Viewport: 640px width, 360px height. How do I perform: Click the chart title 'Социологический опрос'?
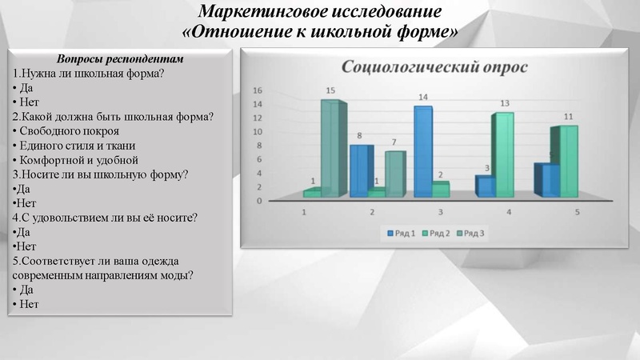click(434, 66)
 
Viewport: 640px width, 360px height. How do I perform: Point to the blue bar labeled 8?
click(360, 170)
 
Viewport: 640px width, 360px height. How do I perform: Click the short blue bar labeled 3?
click(485, 186)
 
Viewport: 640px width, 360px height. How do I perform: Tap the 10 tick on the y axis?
click(258, 132)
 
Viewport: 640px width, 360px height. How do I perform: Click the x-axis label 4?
click(509, 212)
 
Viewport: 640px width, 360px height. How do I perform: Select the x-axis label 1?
click(303, 212)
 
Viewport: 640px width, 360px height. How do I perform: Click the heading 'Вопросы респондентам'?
click(121, 60)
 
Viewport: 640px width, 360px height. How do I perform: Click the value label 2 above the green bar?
click(441, 175)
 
